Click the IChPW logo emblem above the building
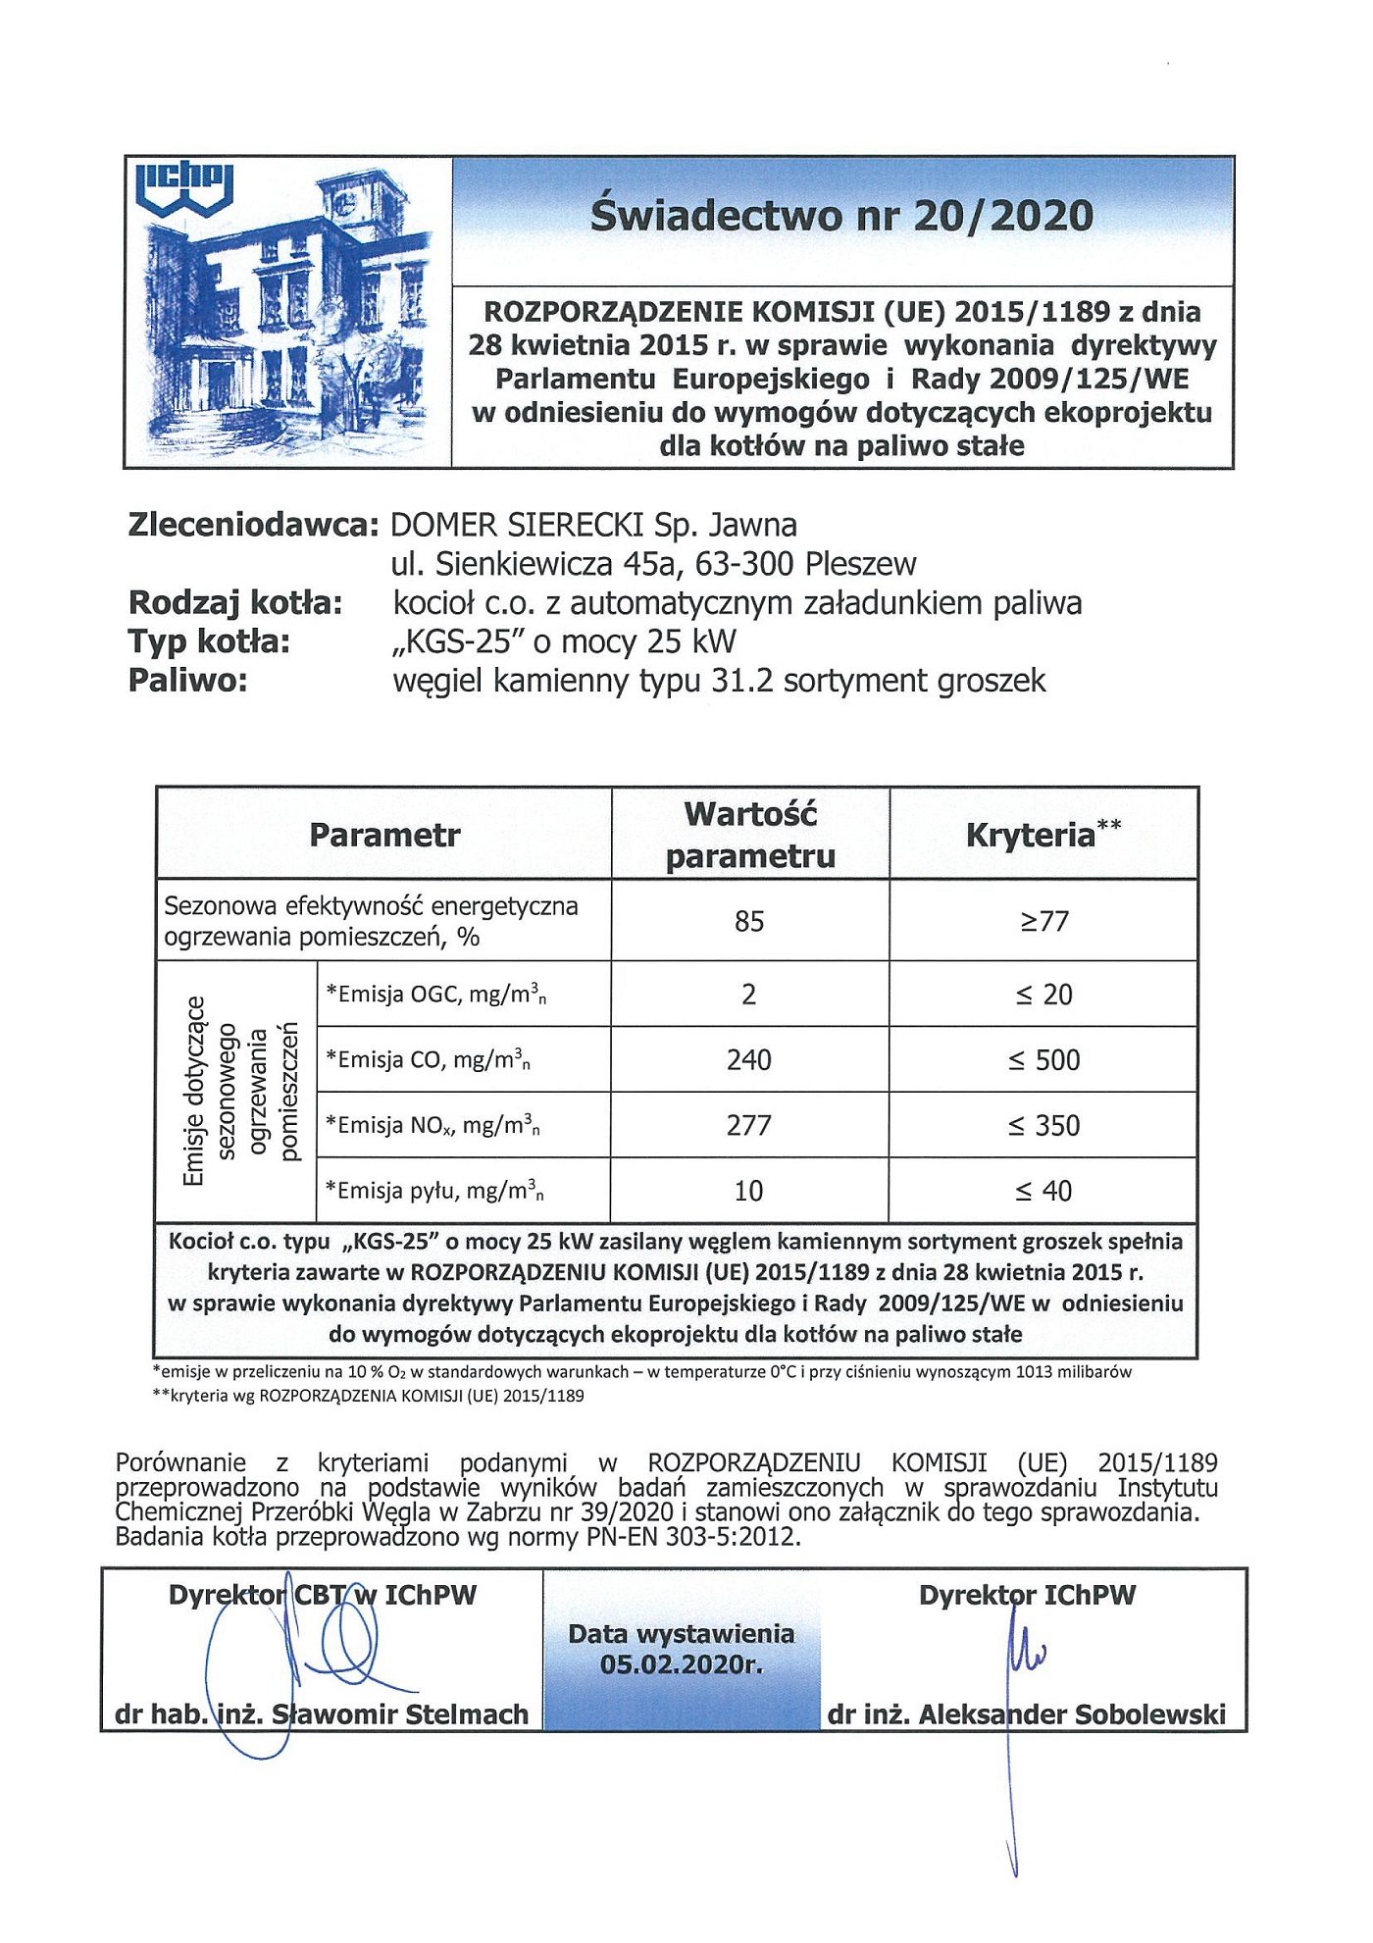point(183,190)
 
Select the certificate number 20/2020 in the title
point(1002,216)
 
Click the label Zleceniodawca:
point(253,525)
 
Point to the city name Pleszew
point(860,564)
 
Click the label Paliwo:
point(187,681)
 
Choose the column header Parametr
point(384,835)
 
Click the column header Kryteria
point(1031,835)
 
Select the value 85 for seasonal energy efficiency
point(749,921)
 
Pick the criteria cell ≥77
point(1043,921)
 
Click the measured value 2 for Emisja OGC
point(749,995)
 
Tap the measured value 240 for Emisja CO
point(749,1060)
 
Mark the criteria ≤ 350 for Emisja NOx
point(1043,1125)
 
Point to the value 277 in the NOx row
point(749,1125)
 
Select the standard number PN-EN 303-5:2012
point(693,1536)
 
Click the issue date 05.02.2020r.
point(682,1664)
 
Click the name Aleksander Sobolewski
point(1072,1714)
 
